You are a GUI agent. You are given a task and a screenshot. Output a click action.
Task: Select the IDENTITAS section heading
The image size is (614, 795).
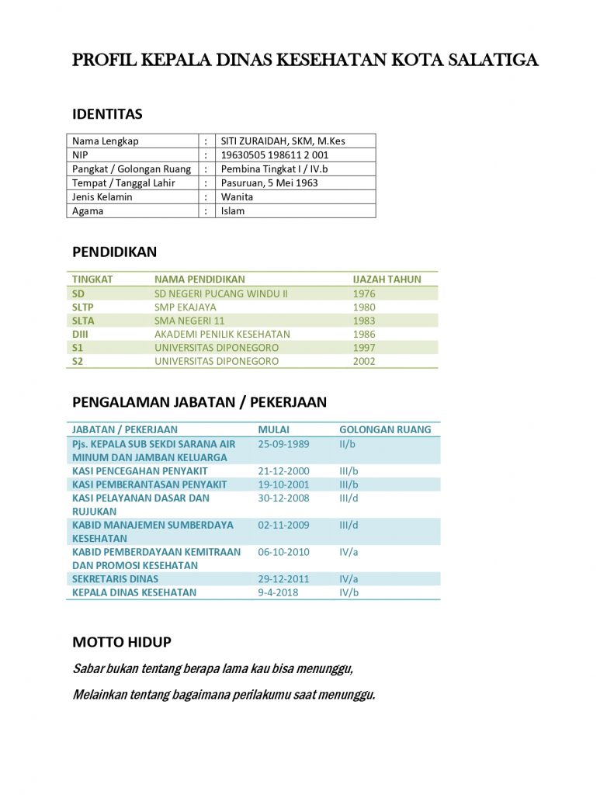coord(107,114)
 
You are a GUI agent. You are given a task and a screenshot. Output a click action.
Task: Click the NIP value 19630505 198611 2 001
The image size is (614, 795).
coord(275,154)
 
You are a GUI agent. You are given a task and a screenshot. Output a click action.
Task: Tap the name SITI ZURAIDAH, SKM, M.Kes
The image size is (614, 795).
coord(283,141)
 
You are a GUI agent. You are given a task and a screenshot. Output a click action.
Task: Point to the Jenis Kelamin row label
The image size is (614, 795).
coord(102,196)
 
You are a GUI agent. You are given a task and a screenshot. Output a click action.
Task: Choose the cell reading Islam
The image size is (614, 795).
coord(232,210)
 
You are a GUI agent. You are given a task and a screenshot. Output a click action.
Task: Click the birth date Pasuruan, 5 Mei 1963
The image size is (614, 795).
coord(269,182)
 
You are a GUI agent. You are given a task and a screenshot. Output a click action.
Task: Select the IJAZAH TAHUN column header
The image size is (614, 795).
coord(387,279)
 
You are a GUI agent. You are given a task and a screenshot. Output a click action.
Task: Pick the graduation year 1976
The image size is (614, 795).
coord(363,293)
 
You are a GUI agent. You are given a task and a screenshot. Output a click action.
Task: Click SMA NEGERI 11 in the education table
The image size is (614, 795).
coord(189,320)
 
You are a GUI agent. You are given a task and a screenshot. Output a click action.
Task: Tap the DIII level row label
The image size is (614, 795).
coord(81,334)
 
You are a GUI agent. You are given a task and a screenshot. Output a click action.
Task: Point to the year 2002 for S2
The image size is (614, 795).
coord(363,361)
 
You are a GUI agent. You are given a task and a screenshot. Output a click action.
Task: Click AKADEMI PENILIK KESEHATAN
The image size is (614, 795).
coord(222,334)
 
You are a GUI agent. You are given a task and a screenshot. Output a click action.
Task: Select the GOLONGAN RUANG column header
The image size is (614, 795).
coord(385,429)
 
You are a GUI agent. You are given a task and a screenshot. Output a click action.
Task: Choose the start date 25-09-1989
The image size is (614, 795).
coord(283,443)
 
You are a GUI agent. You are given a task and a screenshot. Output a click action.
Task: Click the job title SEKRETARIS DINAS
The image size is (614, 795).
coord(115,578)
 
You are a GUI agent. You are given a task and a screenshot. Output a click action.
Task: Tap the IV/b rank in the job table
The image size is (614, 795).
coord(349,592)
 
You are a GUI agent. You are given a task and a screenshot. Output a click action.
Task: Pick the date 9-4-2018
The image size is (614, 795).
coord(278,592)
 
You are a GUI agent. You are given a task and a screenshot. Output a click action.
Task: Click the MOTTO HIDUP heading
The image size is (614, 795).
coord(121,642)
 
